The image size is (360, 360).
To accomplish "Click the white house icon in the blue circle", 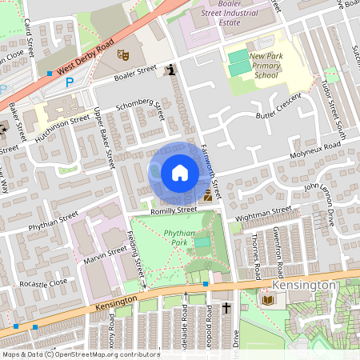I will (x=180, y=173).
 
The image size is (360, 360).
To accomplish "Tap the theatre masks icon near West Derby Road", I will (x=122, y=55).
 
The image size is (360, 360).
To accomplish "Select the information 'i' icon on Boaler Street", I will (x=170, y=70).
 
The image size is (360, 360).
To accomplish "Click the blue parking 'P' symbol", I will (x=70, y=82).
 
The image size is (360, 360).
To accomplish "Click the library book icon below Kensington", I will (x=267, y=300).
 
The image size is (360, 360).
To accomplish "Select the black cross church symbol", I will (x=226, y=307).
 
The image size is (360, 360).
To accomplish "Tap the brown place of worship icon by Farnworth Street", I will (x=208, y=194).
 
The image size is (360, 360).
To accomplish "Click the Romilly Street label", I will (x=174, y=210).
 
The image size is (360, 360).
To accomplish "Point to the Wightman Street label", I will (x=263, y=214).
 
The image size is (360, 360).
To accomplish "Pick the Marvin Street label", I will (x=105, y=257).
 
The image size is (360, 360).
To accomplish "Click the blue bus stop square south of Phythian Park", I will (x=206, y=283).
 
